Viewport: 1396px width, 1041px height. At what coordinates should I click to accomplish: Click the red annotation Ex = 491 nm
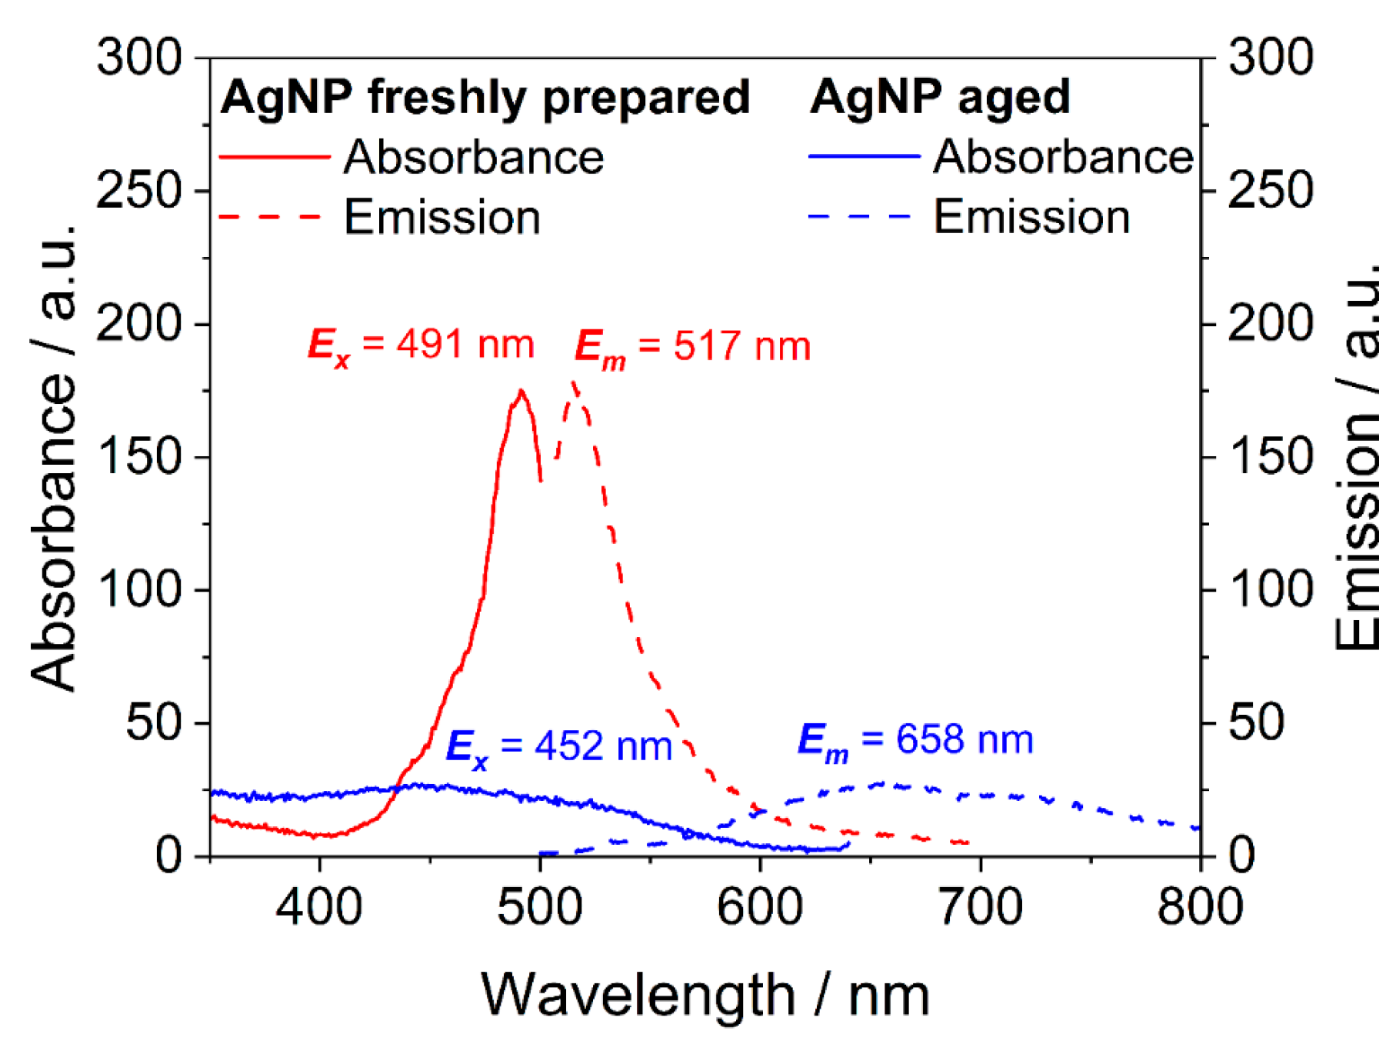(421, 345)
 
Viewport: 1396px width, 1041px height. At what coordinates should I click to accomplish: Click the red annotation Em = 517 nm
(692, 347)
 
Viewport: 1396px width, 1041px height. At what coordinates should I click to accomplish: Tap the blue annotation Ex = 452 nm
(558, 746)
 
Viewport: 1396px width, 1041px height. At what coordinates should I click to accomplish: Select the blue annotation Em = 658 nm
(915, 741)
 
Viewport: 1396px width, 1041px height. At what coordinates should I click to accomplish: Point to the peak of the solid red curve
(521, 392)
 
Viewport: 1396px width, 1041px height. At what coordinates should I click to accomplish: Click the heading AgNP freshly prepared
(485, 98)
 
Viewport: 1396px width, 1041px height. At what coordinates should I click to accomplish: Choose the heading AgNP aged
(939, 98)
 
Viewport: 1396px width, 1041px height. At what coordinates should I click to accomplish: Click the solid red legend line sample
(275, 157)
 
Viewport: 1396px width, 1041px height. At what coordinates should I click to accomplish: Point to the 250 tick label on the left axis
(139, 191)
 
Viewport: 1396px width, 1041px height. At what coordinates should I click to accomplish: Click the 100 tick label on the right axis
(1271, 590)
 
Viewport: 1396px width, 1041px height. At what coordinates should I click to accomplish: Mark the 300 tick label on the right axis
(1271, 58)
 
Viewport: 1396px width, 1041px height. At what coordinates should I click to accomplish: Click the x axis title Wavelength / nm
(705, 995)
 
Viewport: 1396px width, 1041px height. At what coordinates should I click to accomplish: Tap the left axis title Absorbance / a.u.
(54, 458)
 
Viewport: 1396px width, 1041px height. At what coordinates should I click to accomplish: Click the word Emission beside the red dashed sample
(442, 218)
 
